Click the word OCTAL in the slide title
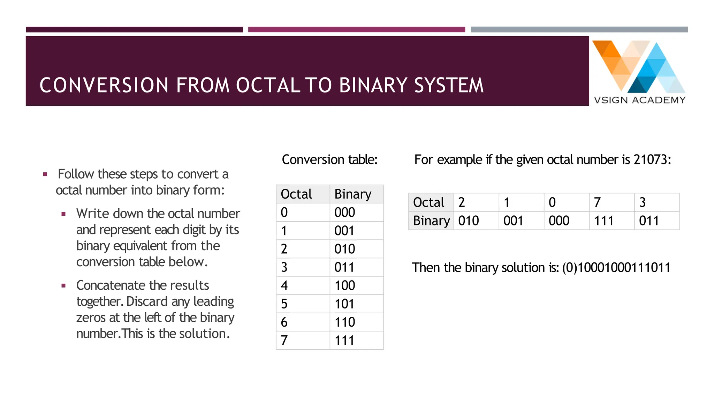point(268,85)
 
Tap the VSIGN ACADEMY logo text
point(639,100)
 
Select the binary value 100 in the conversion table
point(345,285)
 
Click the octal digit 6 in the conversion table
point(284,322)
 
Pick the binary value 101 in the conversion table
point(344,304)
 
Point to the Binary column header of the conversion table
point(353,194)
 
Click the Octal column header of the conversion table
point(296,194)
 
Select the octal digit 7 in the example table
point(597,202)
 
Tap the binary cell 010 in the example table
point(468,221)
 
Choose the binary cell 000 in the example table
point(559,221)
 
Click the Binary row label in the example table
point(431,221)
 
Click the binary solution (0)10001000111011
point(616,268)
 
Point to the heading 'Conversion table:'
point(329,160)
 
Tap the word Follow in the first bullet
point(76,174)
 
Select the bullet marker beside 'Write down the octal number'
point(63,214)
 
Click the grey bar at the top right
point(579,30)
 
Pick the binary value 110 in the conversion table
point(345,322)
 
